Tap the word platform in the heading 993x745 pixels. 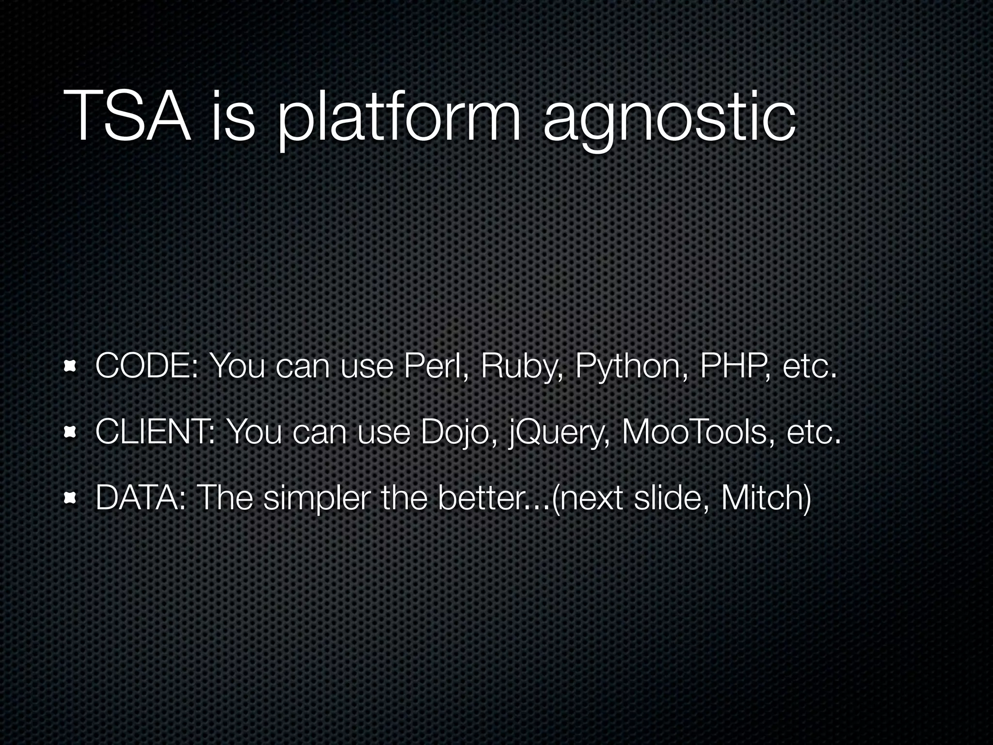pyautogui.click(x=398, y=119)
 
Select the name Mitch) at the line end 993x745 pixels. pyautogui.click(x=766, y=499)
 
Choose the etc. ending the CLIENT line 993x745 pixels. pyautogui.click(x=813, y=433)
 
